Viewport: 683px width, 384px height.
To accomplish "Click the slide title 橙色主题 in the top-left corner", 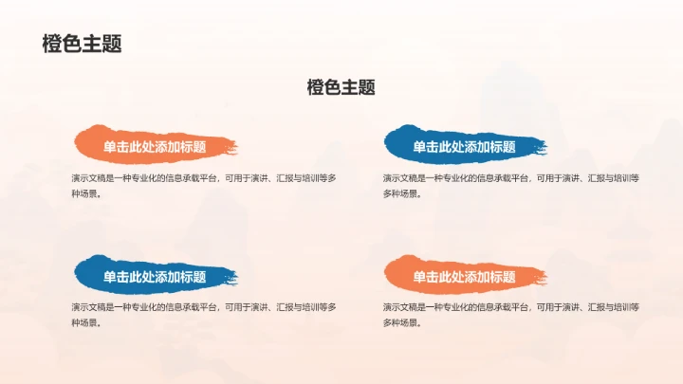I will (82, 44).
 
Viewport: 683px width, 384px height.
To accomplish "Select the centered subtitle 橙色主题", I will (341, 87).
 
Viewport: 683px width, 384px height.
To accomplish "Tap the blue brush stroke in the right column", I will (398, 143).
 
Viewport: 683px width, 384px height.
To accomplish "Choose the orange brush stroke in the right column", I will (398, 274).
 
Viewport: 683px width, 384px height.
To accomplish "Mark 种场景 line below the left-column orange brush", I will (84, 193).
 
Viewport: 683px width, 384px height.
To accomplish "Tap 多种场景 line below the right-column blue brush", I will (401, 193).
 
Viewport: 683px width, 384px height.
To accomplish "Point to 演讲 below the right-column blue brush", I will (570, 177).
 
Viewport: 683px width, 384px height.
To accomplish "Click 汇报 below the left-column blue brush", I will (283, 307).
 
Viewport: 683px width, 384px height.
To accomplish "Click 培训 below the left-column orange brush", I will (310, 177).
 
